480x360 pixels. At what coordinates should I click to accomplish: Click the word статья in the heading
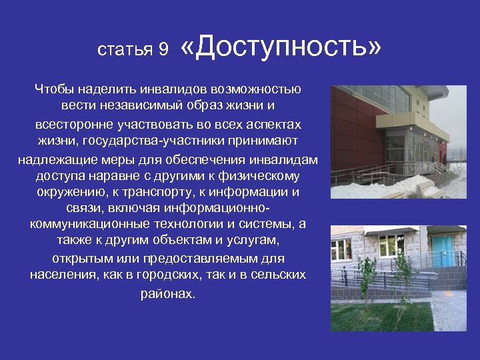[x=125, y=51]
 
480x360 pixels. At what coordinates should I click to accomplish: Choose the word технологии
[x=173, y=223]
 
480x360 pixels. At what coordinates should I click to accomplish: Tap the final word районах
[x=168, y=293]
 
